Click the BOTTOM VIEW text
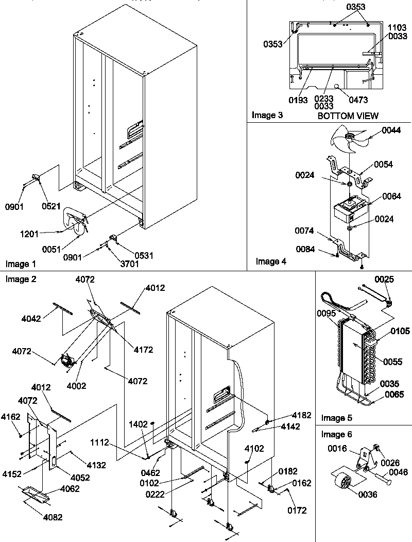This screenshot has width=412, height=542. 348,116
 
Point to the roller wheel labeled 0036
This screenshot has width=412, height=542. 342,484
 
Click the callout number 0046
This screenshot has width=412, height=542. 399,472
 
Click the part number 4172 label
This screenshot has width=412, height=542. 143,350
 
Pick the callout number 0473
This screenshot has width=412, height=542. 358,100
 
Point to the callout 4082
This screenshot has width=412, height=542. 52,517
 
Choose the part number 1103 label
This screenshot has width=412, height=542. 397,27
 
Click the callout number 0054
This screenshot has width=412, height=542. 384,165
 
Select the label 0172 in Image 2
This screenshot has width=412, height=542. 297,511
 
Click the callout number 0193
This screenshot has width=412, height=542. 298,100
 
